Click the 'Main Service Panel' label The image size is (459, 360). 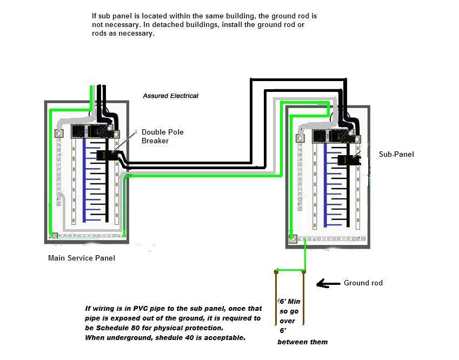tap(82, 258)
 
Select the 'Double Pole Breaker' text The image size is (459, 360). tap(155, 136)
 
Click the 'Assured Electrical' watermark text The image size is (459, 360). tap(170, 96)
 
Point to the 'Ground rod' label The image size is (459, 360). tap(363, 283)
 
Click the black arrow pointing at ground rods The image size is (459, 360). tap(326, 283)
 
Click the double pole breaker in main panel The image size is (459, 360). tap(104, 155)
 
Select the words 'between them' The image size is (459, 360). tap(302, 342)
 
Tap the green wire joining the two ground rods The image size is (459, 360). tap(290, 270)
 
